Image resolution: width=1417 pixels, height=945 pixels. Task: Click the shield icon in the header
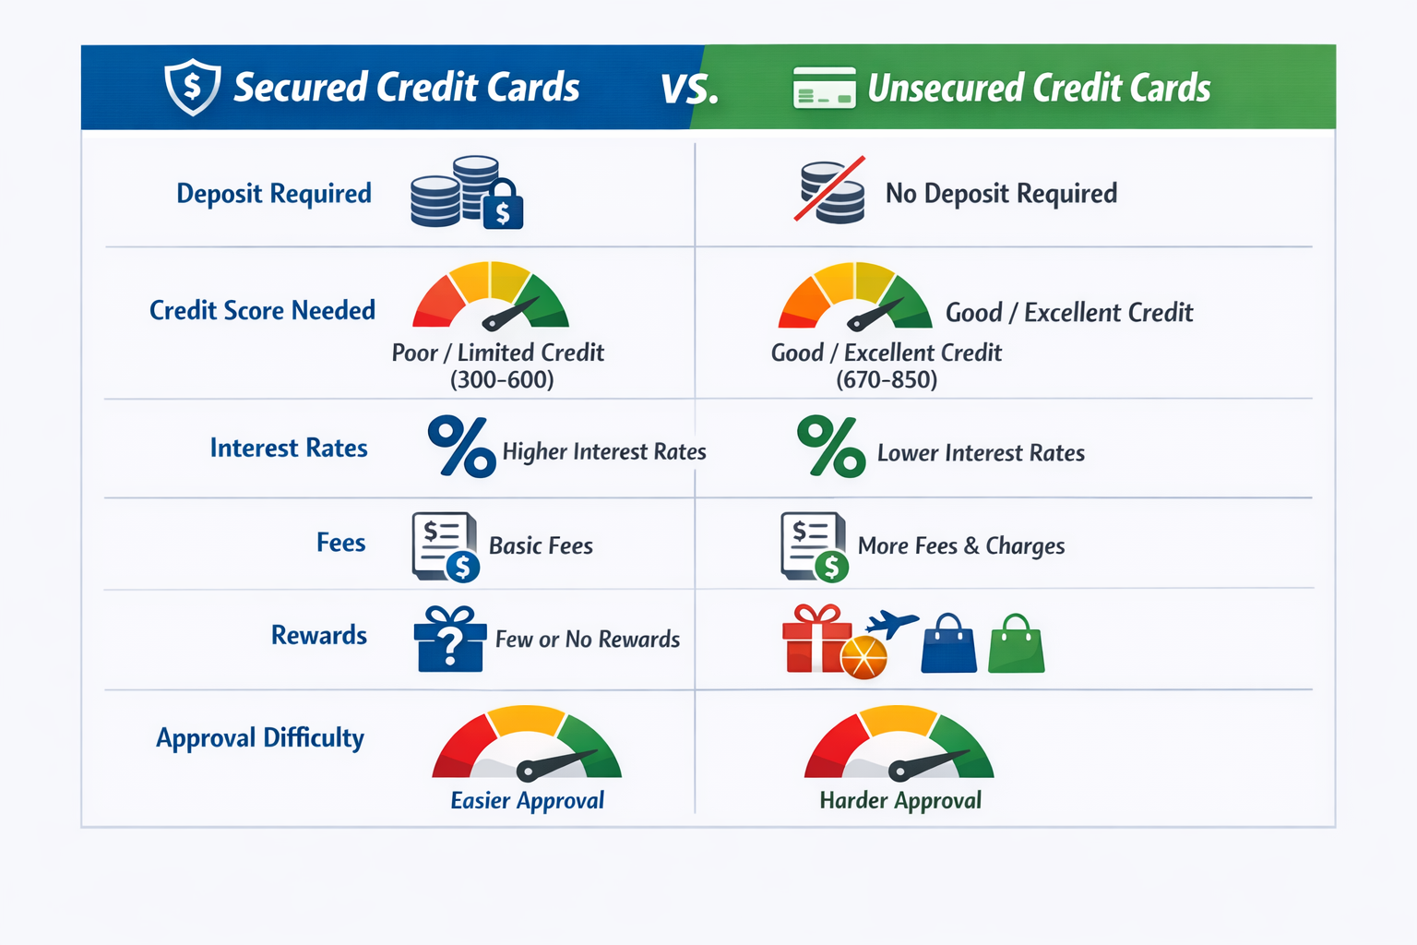point(192,87)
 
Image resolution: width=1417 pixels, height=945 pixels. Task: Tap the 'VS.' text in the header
point(689,90)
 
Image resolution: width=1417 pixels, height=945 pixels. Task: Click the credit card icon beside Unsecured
point(824,89)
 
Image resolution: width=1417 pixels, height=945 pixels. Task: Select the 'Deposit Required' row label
point(274,194)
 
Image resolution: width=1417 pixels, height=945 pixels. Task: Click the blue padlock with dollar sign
point(503,206)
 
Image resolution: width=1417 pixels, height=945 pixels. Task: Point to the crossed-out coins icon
point(831,192)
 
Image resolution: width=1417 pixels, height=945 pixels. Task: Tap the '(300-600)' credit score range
point(502,380)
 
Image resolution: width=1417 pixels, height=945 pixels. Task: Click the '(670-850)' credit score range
point(887,380)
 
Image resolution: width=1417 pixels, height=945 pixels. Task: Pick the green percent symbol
point(831,447)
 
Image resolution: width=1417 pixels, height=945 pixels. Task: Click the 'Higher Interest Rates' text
point(604,451)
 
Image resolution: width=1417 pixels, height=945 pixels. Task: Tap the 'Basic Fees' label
point(541,546)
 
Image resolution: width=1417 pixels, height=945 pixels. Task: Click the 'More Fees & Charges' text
point(961,546)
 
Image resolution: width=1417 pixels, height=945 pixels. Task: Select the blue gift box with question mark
point(449,639)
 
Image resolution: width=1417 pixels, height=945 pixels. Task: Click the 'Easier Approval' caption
point(527,800)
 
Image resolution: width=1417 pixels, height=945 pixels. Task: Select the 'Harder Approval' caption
point(900,800)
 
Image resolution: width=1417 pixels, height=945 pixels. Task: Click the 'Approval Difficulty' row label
point(260,738)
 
